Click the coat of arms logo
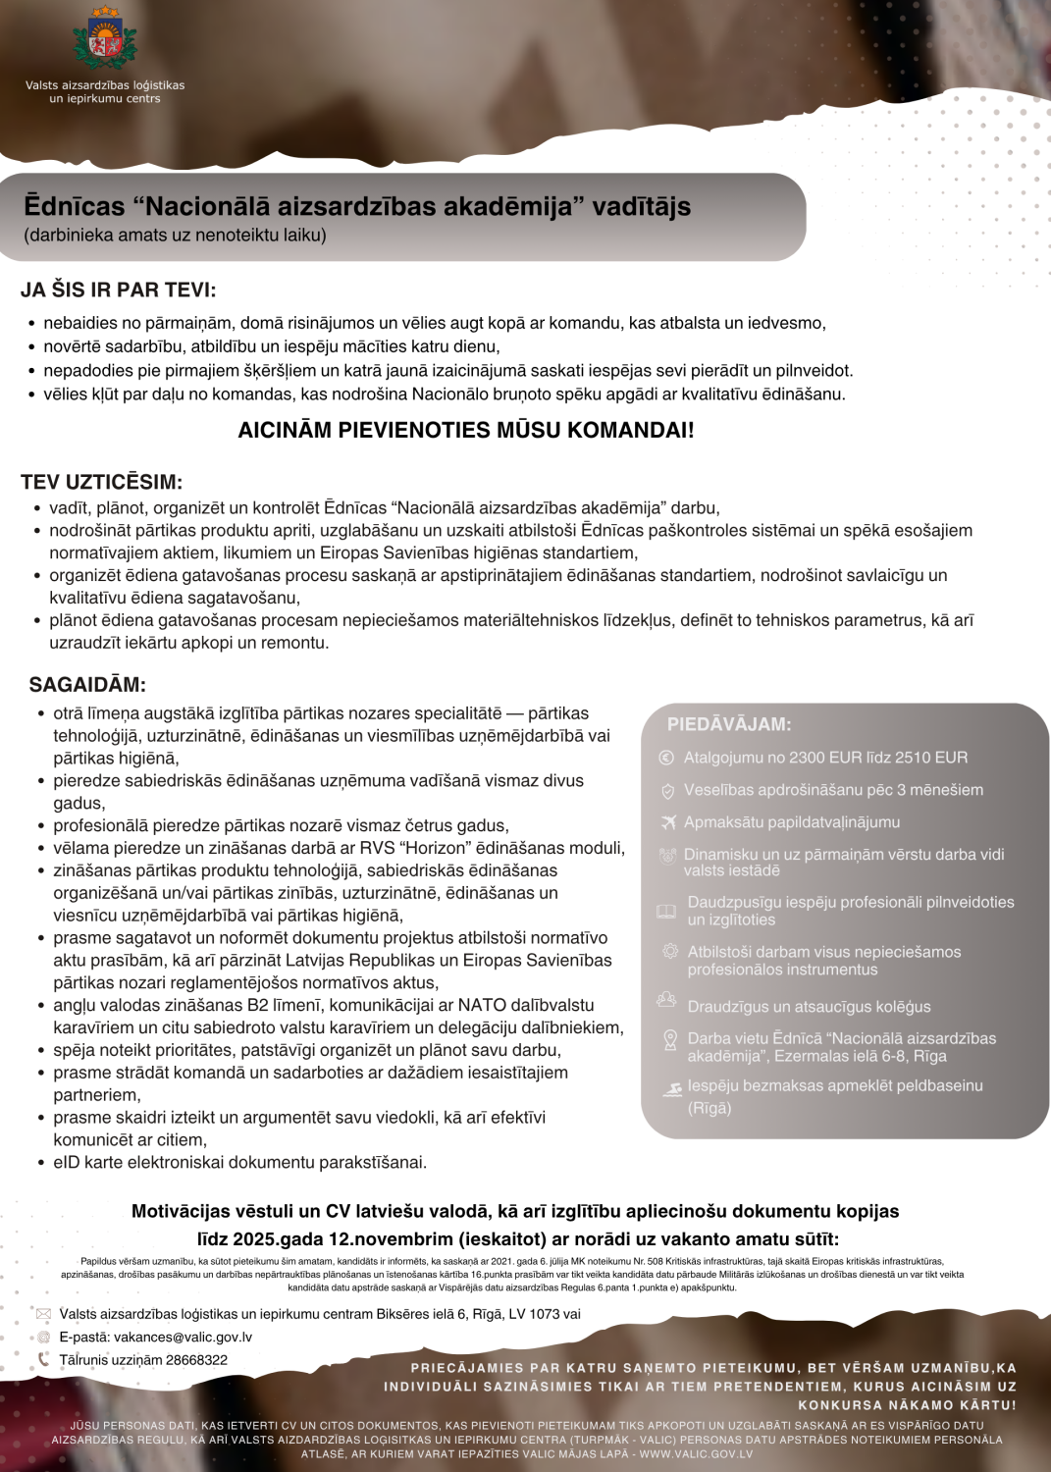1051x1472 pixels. [104, 39]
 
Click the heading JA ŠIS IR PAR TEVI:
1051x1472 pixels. [118, 289]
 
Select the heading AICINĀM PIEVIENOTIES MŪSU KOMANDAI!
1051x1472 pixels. [466, 430]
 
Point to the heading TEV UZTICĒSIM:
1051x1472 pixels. [101, 482]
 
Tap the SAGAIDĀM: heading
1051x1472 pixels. [87, 684]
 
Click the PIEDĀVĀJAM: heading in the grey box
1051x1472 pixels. [729, 724]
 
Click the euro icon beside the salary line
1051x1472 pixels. [666, 758]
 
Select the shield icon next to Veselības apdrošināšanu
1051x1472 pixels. [667, 790]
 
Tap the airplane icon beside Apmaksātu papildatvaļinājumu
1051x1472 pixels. [668, 822]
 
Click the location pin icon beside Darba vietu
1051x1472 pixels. [670, 1040]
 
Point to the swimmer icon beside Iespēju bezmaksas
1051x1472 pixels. [672, 1089]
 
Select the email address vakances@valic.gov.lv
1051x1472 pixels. [183, 1337]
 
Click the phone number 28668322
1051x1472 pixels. [196, 1360]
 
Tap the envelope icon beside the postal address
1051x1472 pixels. [43, 1314]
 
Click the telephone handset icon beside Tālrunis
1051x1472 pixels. [43, 1359]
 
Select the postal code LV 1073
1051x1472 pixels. [537, 1314]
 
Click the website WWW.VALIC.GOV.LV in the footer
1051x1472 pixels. [696, 1454]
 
